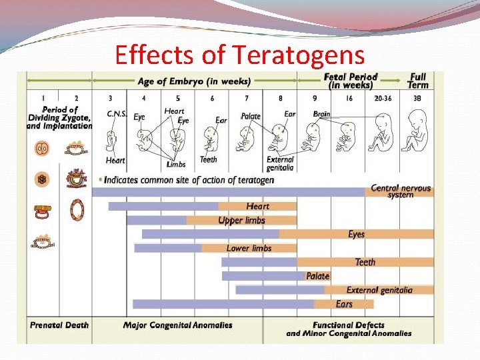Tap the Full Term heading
[x=418, y=81]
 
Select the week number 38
[x=417, y=98]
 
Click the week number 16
[x=349, y=98]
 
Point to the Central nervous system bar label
[x=401, y=191]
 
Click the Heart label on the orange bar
[x=257, y=207]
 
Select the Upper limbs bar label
[x=241, y=221]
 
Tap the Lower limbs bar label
[x=249, y=248]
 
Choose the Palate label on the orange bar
[x=318, y=276]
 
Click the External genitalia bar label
[x=379, y=290]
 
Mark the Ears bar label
[x=344, y=304]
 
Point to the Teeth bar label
[x=365, y=262]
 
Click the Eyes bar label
[x=357, y=234]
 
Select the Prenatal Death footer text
[x=59, y=325]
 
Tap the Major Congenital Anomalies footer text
[x=178, y=325]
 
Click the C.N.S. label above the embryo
[x=117, y=114]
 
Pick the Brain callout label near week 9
[x=321, y=114]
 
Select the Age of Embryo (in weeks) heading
[x=194, y=82]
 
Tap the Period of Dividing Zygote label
[x=59, y=117]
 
